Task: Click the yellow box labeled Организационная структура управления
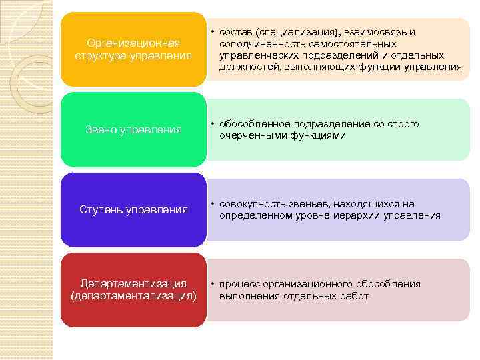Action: pos(133,49)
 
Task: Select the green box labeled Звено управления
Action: pos(133,129)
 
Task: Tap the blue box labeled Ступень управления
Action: pos(133,210)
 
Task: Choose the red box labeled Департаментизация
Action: pos(133,289)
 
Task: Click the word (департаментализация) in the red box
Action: pos(133,296)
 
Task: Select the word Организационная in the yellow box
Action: pos(133,43)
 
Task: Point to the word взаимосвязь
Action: pos(365,32)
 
